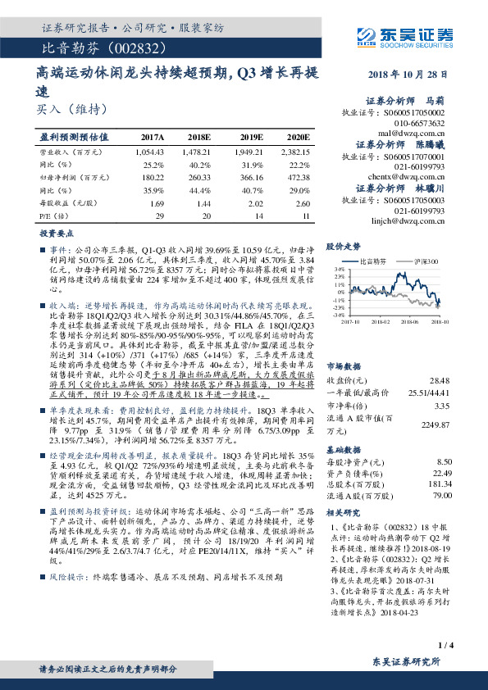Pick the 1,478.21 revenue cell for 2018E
coord(201,152)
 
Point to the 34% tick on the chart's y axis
coord(339,269)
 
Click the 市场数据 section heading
coord(344,343)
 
